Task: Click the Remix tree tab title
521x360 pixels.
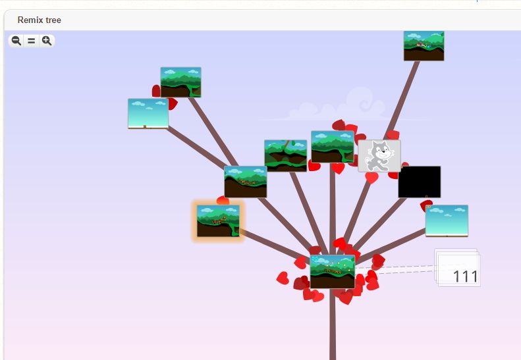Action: coord(39,20)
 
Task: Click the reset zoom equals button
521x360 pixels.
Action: coord(31,41)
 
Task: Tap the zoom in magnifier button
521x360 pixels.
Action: coord(47,41)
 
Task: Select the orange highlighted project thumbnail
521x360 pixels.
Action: coord(217,220)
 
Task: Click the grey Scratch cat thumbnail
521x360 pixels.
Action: coord(379,156)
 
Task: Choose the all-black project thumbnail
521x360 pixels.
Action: coord(419,182)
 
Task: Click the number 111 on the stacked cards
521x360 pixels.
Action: coord(465,276)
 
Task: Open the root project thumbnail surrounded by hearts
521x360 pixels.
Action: coord(333,271)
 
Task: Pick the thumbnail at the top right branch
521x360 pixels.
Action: coord(424,45)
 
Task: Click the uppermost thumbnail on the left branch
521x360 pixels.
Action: coord(180,82)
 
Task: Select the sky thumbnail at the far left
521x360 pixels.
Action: coord(148,113)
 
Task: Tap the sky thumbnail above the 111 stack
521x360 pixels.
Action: coord(447,220)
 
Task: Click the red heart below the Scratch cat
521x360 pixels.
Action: coord(372,178)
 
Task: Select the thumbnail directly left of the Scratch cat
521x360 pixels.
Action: coord(333,146)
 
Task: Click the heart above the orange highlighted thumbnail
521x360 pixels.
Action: coord(223,200)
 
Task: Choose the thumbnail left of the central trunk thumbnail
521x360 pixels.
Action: coord(285,155)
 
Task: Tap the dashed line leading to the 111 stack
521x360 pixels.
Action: coord(395,268)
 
